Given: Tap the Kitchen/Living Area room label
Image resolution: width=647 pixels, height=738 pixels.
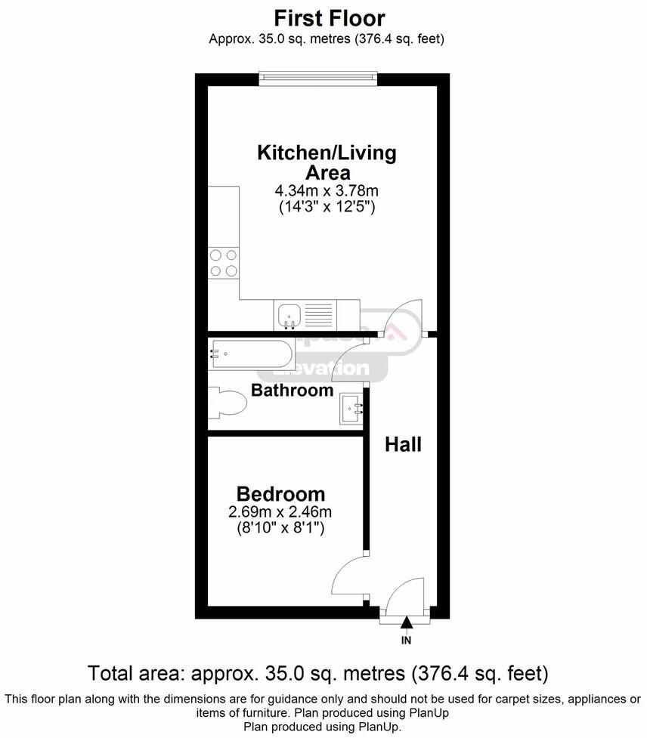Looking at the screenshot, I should click(327, 162).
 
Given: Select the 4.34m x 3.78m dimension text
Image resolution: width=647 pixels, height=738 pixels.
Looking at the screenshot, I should click(327, 191).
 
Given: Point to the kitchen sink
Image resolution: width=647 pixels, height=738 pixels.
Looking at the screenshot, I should click(289, 314).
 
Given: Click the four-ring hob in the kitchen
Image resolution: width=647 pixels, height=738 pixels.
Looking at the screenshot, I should click(224, 263).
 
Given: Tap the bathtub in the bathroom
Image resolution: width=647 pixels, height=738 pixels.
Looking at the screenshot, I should click(249, 351).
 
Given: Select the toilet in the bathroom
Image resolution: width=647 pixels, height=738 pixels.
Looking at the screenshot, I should click(228, 402).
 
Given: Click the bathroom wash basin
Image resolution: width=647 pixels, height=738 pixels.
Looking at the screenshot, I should click(352, 409).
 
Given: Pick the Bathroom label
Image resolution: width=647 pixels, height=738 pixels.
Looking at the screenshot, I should click(292, 391).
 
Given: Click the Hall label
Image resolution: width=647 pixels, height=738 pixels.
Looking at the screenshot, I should click(403, 445).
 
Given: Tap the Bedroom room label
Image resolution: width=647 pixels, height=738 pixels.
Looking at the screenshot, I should click(280, 494).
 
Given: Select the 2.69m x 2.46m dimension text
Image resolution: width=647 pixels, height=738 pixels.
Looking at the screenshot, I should click(280, 513).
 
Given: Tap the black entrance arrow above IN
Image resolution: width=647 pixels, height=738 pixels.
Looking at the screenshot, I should click(407, 623).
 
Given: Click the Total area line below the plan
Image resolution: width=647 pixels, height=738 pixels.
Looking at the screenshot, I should click(318, 672).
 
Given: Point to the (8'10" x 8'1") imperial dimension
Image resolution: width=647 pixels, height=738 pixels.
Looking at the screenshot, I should click(280, 530).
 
